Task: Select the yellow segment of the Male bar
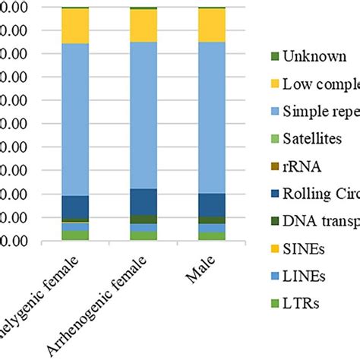click(212, 24)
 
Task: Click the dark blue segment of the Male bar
click(212, 204)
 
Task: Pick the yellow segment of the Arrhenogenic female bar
click(143, 25)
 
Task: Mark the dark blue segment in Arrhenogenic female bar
click(143, 201)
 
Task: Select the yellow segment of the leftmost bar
click(75, 26)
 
